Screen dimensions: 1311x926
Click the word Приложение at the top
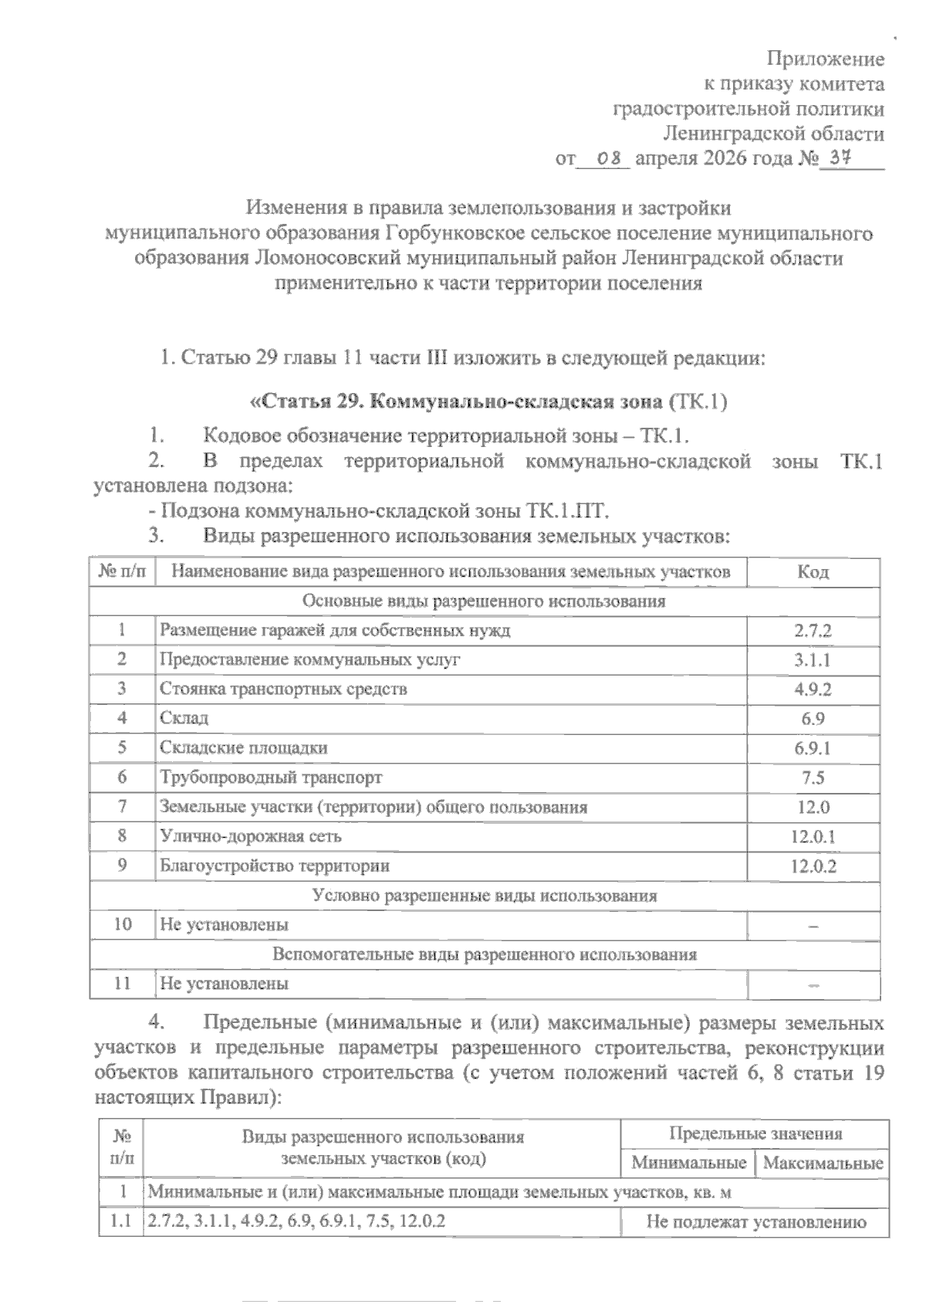coord(825,59)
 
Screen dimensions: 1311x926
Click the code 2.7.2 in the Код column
coord(813,631)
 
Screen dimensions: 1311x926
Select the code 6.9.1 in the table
coord(813,748)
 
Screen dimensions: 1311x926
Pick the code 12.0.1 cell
coord(813,836)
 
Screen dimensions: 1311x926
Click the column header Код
coord(813,572)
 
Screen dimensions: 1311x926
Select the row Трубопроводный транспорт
coord(270,777)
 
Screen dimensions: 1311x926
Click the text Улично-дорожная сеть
coord(250,836)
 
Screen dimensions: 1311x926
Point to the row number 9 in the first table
coord(122,866)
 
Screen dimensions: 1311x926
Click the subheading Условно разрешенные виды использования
coord(485,896)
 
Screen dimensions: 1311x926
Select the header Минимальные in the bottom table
coord(688,1164)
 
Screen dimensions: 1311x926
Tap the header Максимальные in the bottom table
coord(823,1164)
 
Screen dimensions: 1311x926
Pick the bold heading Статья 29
coord(313,401)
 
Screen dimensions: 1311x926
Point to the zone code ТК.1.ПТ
coord(569,511)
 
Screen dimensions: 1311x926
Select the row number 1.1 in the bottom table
coord(121,1222)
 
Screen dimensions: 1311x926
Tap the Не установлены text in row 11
coord(224,984)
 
